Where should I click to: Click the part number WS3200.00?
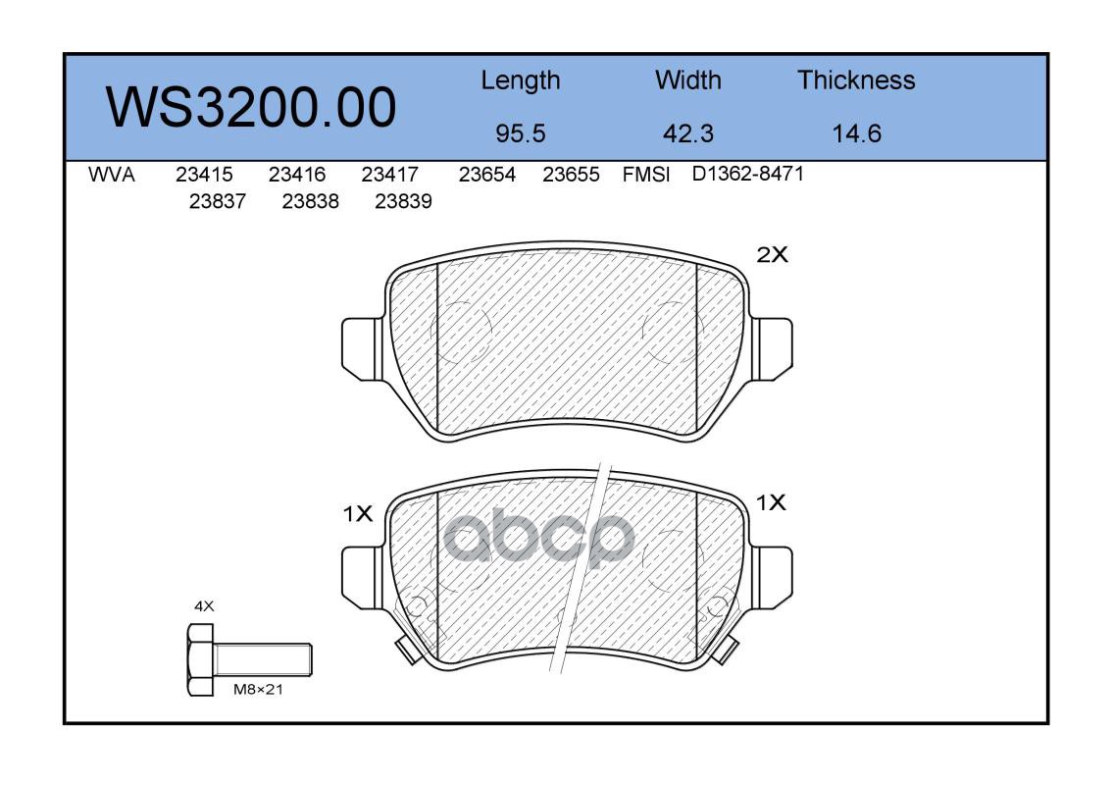(x=251, y=107)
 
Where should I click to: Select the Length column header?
(x=521, y=81)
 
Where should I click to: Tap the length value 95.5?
(x=521, y=133)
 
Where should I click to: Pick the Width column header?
(x=687, y=80)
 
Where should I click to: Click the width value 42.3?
(x=687, y=133)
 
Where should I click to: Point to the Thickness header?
(x=856, y=80)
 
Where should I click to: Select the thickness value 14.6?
(x=856, y=133)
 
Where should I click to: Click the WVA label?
(x=112, y=175)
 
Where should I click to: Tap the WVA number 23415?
(x=204, y=175)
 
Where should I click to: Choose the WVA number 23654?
(x=487, y=175)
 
